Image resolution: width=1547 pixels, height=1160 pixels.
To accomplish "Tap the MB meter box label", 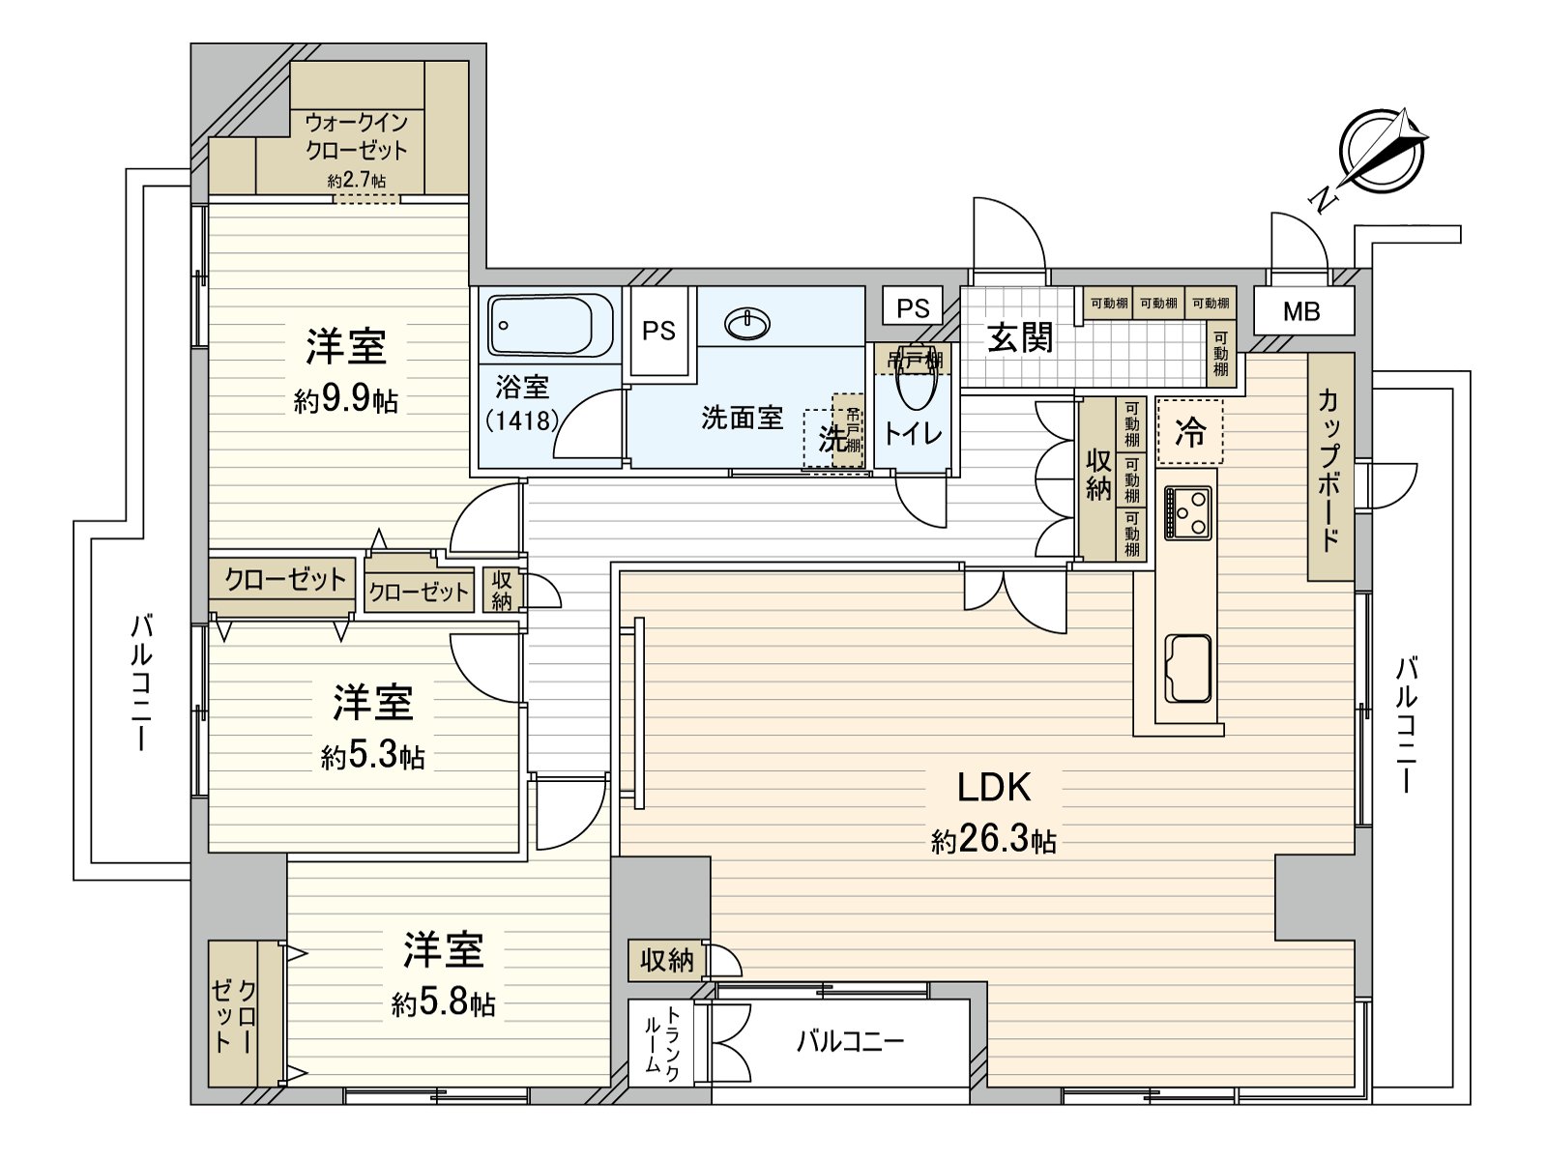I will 1301,311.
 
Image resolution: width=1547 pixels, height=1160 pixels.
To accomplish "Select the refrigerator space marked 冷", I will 1190,432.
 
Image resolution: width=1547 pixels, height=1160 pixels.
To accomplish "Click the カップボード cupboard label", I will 1329,469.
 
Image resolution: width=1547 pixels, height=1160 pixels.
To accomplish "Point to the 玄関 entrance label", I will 1020,338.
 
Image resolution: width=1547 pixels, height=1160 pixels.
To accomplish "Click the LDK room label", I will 994,788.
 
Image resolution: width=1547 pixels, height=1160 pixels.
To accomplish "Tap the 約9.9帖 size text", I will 346,399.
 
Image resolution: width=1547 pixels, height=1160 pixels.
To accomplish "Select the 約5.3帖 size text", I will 373,755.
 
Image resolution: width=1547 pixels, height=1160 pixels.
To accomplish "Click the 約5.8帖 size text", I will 444,1004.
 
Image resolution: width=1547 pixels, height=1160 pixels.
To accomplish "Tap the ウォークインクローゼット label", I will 356,136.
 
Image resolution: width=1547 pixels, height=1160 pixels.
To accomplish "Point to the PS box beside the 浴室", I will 659,331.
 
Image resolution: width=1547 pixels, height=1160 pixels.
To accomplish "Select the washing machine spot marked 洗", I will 830,439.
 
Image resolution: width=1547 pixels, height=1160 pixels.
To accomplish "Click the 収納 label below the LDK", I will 667,960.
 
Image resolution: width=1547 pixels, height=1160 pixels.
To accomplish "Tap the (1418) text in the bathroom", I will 522,420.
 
